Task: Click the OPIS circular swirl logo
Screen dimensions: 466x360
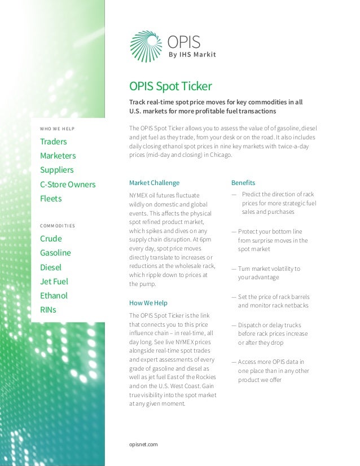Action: point(146,46)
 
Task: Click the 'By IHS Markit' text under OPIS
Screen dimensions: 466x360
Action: point(192,55)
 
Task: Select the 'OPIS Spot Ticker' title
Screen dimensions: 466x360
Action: point(170,86)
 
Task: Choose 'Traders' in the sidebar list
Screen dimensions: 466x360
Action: point(54,142)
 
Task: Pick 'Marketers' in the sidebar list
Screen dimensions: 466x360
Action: point(58,156)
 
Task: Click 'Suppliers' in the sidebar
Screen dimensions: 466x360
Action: point(57,170)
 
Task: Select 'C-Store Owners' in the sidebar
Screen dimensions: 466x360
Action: point(68,184)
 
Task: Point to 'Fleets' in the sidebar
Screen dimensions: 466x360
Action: point(51,199)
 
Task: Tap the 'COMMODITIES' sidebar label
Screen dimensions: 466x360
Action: point(58,226)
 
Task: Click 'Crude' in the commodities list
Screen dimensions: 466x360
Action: point(51,239)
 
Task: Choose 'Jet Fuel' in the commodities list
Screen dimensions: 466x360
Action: point(54,282)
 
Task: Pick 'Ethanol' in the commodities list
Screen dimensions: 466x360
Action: point(54,296)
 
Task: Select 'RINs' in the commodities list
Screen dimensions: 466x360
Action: point(48,310)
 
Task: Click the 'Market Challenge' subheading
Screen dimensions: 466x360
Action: point(155,183)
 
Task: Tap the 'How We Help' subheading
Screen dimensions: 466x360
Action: point(148,303)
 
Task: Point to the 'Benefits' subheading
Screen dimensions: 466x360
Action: point(243,183)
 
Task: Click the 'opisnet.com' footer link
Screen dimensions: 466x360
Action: point(144,445)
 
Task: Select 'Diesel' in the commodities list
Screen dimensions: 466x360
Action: point(51,267)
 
